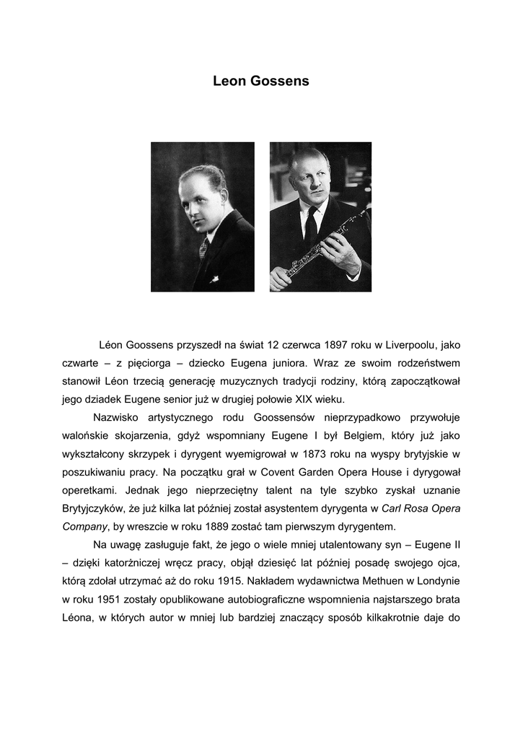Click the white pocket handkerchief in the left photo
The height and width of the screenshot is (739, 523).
click(214, 278)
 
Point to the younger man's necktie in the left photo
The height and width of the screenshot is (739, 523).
click(203, 249)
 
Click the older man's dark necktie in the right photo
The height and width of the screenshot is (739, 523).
click(311, 227)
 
